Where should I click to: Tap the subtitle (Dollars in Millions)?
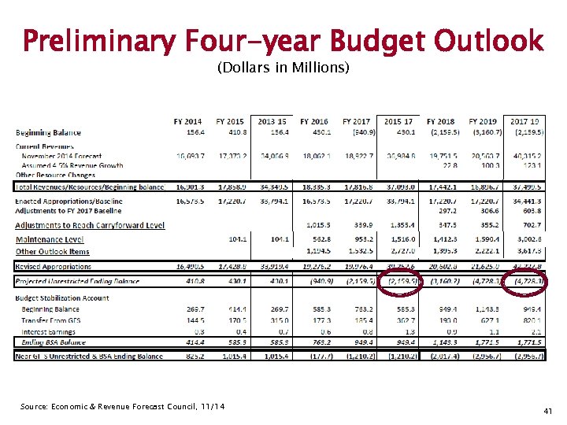click(x=283, y=68)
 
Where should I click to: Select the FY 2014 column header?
click(x=187, y=121)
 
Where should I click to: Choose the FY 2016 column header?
click(x=313, y=121)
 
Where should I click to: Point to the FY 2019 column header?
click(x=483, y=121)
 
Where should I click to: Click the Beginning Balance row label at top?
click(x=48, y=132)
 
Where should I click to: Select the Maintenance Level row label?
click(x=50, y=239)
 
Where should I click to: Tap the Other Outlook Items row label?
click(x=53, y=252)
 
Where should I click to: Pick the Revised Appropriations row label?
click(x=54, y=268)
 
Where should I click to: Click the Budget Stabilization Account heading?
click(x=62, y=298)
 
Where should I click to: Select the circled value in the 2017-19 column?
click(x=524, y=282)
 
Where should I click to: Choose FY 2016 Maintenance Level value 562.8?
click(x=317, y=239)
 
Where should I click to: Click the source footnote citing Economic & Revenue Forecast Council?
click(x=123, y=406)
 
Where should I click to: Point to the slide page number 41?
click(x=550, y=411)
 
